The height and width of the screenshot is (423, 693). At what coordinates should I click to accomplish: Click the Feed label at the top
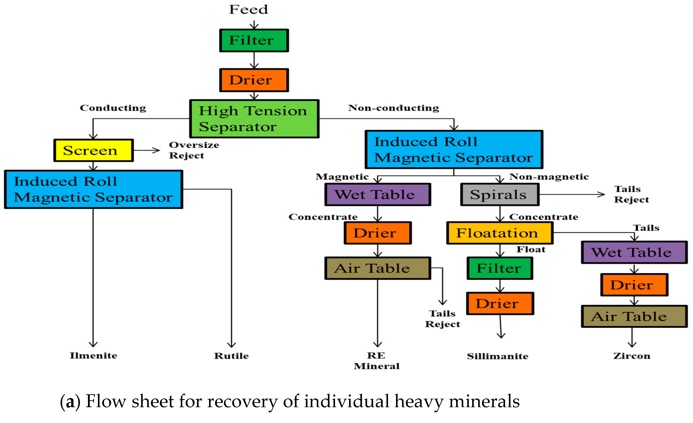pyautogui.click(x=248, y=10)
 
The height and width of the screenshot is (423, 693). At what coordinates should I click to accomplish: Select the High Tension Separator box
pyautogui.click(x=254, y=119)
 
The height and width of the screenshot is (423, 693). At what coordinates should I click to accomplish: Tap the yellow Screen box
pyautogui.click(x=93, y=150)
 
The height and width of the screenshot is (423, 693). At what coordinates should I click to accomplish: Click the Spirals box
pyautogui.click(x=500, y=194)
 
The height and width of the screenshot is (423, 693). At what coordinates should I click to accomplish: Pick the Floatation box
pyautogui.click(x=500, y=233)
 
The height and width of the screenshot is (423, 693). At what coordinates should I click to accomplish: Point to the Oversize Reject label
pyautogui.click(x=194, y=150)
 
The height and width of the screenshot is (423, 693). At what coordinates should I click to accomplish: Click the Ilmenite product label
pyautogui.click(x=93, y=356)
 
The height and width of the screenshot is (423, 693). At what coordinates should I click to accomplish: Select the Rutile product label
pyautogui.click(x=231, y=356)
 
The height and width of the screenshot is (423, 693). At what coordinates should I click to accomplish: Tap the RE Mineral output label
pyautogui.click(x=377, y=361)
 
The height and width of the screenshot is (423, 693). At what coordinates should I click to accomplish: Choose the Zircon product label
pyautogui.click(x=632, y=356)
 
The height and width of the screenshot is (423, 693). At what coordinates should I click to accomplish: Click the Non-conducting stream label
pyautogui.click(x=393, y=108)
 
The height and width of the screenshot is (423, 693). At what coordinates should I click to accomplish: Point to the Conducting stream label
pyautogui.click(x=113, y=108)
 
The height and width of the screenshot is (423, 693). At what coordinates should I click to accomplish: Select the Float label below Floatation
pyautogui.click(x=531, y=249)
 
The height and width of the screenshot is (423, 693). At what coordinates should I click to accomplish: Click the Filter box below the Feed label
pyautogui.click(x=254, y=41)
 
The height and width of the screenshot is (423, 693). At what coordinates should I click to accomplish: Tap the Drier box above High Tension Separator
pyautogui.click(x=254, y=80)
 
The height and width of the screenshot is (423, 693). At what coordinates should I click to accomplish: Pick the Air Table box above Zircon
pyautogui.click(x=634, y=317)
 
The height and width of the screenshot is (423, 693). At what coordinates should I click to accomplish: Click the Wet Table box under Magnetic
pyautogui.click(x=377, y=194)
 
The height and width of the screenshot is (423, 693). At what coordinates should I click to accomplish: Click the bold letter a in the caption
pyautogui.click(x=70, y=402)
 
